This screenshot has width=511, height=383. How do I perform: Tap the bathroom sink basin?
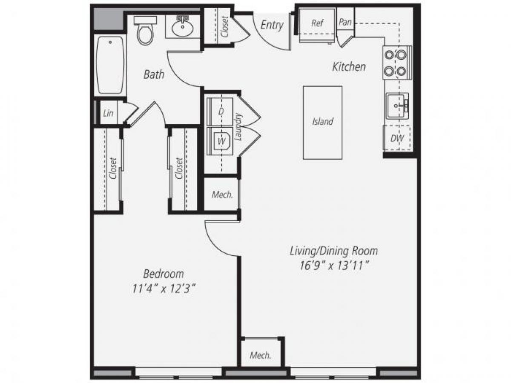click(x=184, y=29)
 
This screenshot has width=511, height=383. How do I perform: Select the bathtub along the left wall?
click(x=110, y=65)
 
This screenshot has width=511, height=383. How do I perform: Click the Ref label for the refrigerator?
click(x=317, y=23)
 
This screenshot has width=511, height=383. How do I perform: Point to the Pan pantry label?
click(x=345, y=23)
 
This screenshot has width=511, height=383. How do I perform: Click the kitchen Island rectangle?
click(x=322, y=123)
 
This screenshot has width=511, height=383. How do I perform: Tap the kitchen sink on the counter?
click(x=397, y=106)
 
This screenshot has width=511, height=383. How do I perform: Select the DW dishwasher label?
click(x=397, y=139)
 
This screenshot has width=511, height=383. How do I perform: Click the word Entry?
click(x=272, y=25)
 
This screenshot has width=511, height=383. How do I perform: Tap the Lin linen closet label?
click(x=108, y=114)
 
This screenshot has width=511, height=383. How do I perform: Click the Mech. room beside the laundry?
click(x=222, y=195)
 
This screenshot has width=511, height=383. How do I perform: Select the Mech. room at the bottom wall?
click(x=260, y=355)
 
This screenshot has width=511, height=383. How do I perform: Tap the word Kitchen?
click(x=349, y=67)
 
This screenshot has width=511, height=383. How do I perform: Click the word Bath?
click(x=154, y=75)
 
